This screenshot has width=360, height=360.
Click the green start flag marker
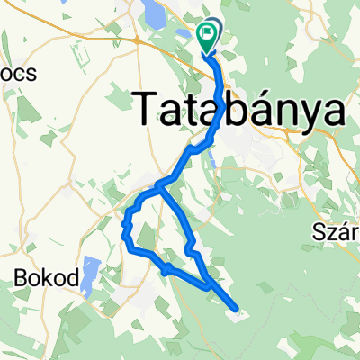coord(208,36)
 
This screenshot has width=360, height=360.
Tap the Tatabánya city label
coord(242,110)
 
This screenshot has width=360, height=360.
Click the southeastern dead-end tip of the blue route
coord(237,309)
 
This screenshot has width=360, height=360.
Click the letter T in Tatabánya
coord(149,110)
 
